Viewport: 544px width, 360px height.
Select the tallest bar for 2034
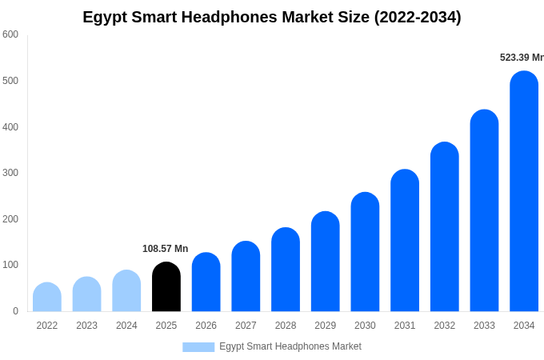click(524, 191)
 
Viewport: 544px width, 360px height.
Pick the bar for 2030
click(365, 252)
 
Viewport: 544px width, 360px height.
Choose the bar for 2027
click(246, 276)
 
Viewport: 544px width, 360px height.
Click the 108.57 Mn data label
click(165, 249)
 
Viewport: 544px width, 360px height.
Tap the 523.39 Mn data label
click(522, 58)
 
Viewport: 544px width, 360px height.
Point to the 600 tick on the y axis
click(10, 34)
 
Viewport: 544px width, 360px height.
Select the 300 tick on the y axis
click(10, 173)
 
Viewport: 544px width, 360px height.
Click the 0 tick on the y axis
click(15, 311)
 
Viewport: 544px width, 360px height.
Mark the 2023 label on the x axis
click(86, 326)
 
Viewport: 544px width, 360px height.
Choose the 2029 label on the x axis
click(325, 326)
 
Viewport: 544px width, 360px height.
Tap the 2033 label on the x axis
click(484, 326)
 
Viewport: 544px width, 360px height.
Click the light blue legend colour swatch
click(198, 347)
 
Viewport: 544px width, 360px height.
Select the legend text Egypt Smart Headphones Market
click(290, 346)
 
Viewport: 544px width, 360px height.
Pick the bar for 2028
click(286, 270)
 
